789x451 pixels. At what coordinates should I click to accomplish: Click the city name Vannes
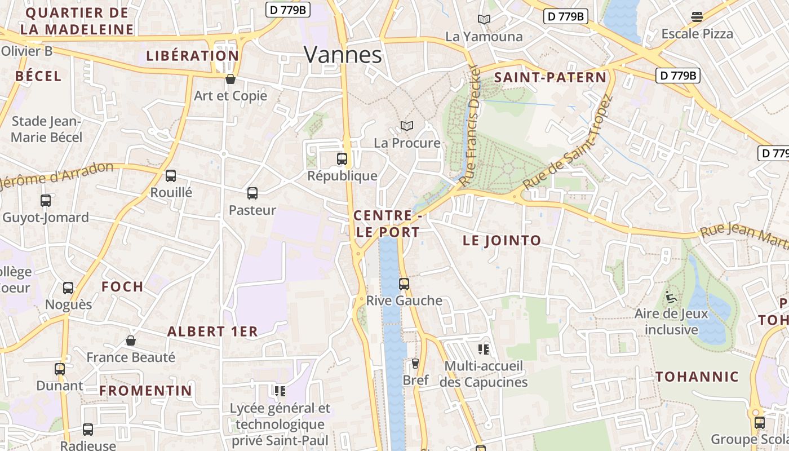pos(343,55)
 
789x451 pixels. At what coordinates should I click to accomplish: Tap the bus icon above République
pos(342,159)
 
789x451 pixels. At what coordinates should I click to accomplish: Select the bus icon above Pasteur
pos(252,193)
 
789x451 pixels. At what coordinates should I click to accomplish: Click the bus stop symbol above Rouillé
pos(171,176)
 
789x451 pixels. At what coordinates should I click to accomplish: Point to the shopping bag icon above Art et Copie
pos(230,79)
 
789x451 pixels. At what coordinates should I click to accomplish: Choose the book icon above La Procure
pos(407,126)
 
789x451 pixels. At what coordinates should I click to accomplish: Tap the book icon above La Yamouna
pos(484,20)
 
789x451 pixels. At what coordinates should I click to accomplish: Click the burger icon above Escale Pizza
pos(697,17)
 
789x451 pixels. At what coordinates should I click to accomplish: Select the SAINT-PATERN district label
pos(550,78)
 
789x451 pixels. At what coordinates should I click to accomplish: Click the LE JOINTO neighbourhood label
pos(502,241)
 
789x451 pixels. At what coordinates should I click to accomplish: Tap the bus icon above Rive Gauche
pos(404,284)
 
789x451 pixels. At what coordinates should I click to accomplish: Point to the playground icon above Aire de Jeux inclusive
pos(671,297)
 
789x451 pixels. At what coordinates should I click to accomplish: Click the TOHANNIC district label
pos(697,377)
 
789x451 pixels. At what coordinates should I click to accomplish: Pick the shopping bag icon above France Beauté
pos(131,341)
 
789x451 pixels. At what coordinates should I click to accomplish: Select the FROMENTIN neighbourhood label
pos(146,390)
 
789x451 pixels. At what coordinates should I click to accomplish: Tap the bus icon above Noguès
pos(68,288)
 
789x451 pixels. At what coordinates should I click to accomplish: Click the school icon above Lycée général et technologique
pos(280,391)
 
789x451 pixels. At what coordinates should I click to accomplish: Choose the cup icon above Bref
pos(415,364)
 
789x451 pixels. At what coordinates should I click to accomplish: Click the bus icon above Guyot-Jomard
pos(46,200)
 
